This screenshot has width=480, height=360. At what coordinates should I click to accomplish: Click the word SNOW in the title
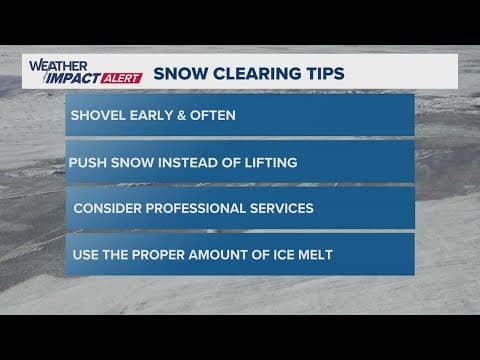[x=181, y=73]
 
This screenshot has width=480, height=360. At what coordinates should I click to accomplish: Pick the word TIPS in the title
[x=322, y=73]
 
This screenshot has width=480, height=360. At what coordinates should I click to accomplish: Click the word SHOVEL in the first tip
[x=97, y=115]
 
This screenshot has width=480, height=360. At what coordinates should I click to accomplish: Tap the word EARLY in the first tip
[x=153, y=115]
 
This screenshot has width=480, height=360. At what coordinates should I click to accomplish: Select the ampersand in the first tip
[x=186, y=115]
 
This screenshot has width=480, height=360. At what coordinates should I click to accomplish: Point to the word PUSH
[x=87, y=162]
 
